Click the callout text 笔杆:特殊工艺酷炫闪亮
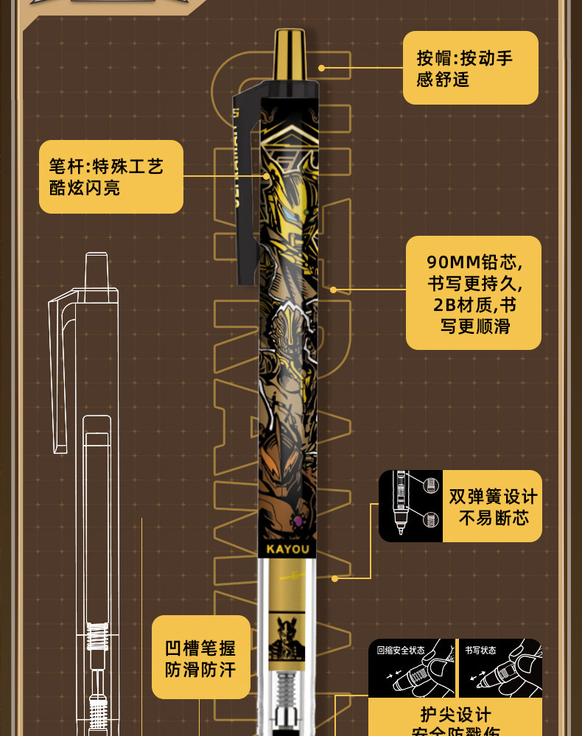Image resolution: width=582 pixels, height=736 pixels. point(110,177)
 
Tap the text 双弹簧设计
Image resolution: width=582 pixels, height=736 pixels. point(494,497)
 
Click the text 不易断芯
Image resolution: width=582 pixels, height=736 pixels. point(494,519)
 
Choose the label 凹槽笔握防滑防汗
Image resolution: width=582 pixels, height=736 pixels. point(200,659)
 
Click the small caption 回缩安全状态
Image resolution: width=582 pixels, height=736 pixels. point(401,651)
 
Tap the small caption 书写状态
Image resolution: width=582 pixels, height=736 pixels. point(480,651)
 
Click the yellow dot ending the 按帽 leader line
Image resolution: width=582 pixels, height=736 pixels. point(321,68)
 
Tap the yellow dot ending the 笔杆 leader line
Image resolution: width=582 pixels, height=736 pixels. point(266,176)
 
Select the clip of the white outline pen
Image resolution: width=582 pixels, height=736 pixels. point(58,368)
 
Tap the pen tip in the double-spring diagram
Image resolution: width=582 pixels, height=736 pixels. point(401,529)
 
